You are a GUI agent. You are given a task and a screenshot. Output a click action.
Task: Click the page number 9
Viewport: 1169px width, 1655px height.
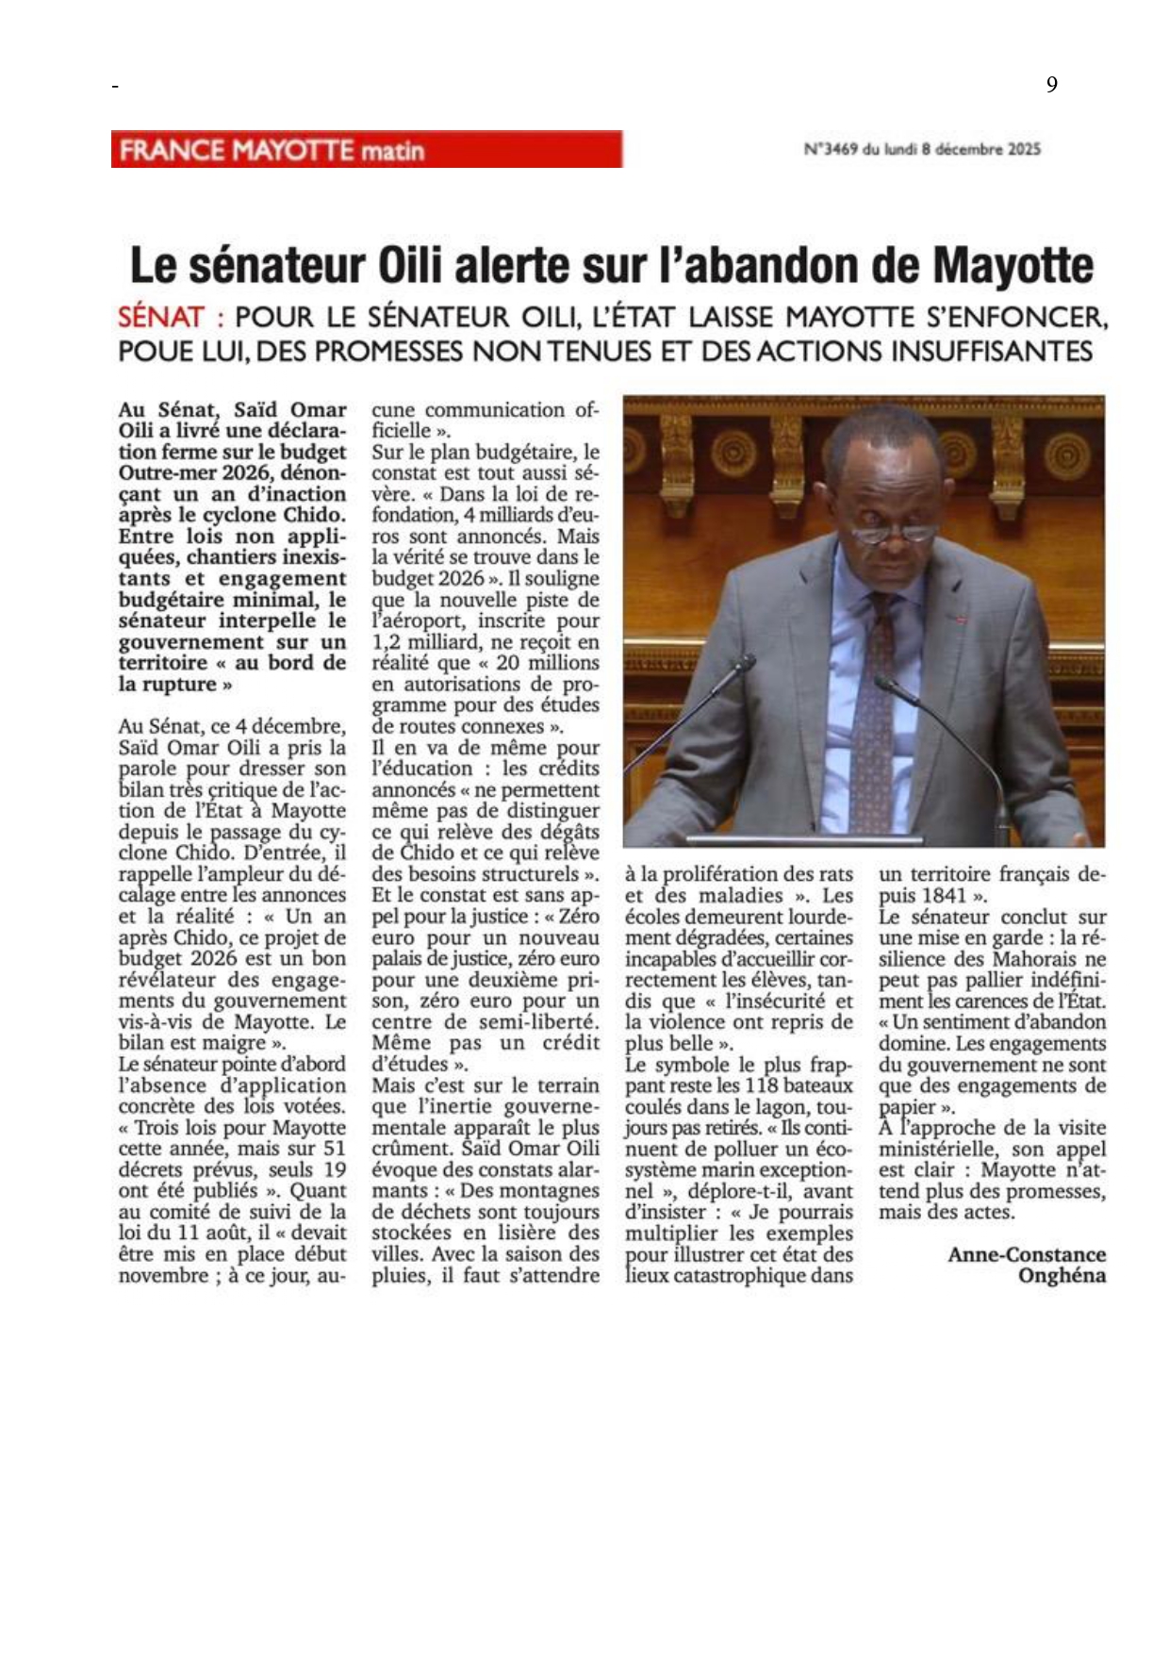(1051, 85)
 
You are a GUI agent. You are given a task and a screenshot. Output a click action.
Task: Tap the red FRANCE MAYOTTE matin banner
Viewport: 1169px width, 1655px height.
(366, 150)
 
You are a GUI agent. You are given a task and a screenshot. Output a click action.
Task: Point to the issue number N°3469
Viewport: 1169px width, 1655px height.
(831, 149)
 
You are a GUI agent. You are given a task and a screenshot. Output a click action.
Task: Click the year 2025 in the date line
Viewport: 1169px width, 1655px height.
(1023, 149)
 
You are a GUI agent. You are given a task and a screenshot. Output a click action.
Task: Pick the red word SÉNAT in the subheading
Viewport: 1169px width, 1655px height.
(161, 317)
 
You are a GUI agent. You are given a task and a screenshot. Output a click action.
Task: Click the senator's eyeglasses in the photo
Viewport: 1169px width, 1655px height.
(881, 532)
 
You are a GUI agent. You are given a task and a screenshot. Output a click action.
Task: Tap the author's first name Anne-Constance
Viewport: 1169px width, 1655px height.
(1026, 1254)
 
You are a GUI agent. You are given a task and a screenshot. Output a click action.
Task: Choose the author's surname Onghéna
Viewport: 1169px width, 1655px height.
(1062, 1276)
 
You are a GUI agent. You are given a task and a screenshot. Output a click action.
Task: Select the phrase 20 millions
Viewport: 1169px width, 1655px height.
(547, 663)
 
